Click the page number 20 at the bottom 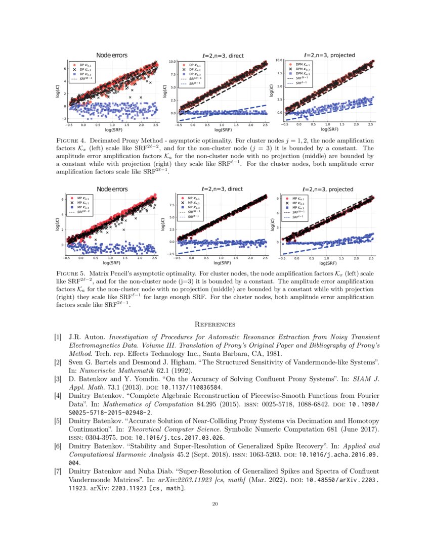(215, 503)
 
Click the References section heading (215, 324)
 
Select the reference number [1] (58, 337)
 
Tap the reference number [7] (58, 471)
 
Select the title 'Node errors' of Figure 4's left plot (112, 55)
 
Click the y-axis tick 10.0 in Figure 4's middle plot (172, 62)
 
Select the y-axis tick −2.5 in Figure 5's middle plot (170, 254)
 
